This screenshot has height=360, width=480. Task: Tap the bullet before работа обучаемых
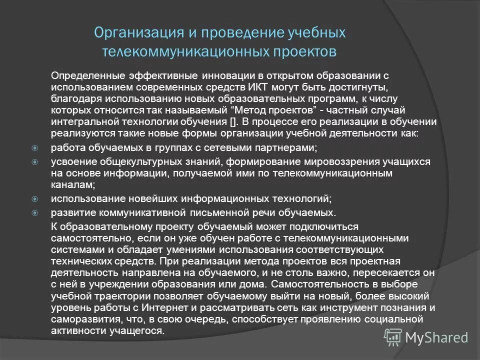pyautogui.click(x=35, y=148)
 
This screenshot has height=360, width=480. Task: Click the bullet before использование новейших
pyautogui.click(x=35, y=199)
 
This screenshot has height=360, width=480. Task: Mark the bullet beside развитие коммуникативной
pyautogui.click(x=35, y=212)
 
